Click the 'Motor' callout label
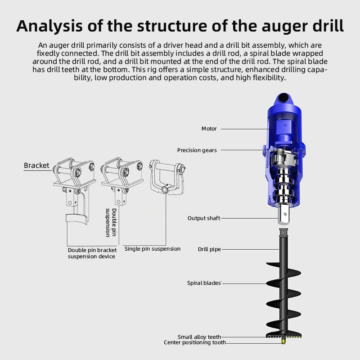[x=209, y=129]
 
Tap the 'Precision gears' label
[x=197, y=150]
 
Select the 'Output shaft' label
[x=204, y=218]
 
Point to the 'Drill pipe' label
[x=209, y=249]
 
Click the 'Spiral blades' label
[x=204, y=283]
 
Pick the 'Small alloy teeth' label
[x=199, y=337]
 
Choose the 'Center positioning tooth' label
[x=194, y=343]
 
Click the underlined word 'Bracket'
[x=36, y=165]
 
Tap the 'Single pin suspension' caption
[x=152, y=249]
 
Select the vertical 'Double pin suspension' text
[x=111, y=222]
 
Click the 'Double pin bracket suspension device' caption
[x=92, y=253]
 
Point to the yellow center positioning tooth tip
[x=283, y=342]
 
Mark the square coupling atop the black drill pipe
[x=283, y=233]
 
